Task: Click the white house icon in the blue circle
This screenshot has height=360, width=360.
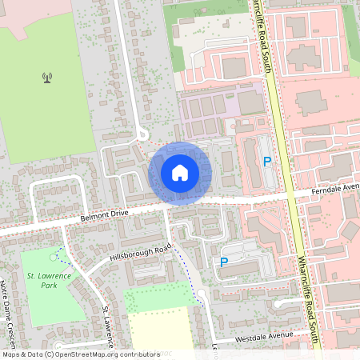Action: (180, 173)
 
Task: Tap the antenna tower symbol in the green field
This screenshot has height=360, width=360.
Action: (47, 78)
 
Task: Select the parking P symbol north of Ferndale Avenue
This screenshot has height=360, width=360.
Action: (267, 162)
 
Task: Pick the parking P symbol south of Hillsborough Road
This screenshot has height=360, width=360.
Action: (224, 262)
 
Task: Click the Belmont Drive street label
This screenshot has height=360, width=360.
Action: (104, 215)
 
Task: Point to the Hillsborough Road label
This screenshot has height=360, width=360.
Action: (141, 254)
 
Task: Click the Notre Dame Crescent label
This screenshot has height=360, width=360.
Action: (7, 305)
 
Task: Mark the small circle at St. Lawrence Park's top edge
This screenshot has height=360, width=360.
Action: (54, 257)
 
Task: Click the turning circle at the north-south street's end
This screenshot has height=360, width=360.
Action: (142, 134)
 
